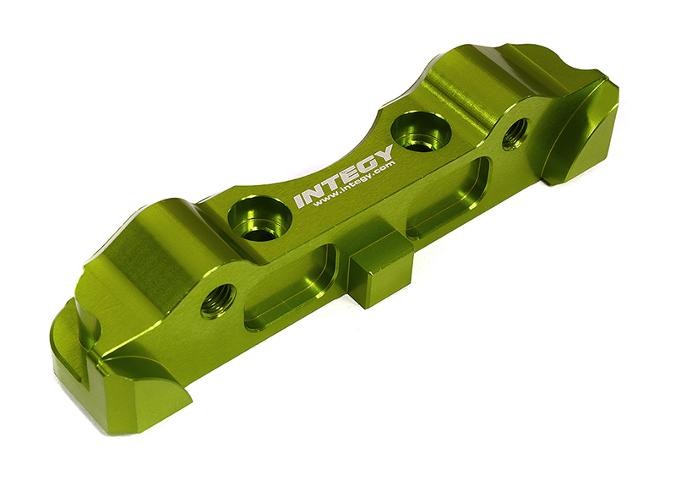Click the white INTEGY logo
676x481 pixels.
(342, 177)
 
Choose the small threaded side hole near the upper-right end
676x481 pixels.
(515, 134)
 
